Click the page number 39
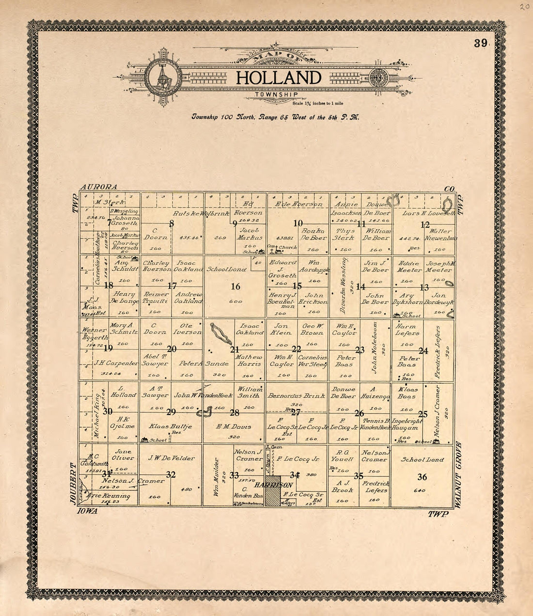tap(480, 43)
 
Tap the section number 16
tap(235, 286)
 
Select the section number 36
tap(422, 477)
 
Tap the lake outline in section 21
tap(219, 335)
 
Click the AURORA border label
tap(100, 187)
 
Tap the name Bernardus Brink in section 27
tap(296, 395)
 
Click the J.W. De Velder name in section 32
tap(172, 458)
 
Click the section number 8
tap(171, 223)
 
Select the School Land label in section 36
tap(422, 459)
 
